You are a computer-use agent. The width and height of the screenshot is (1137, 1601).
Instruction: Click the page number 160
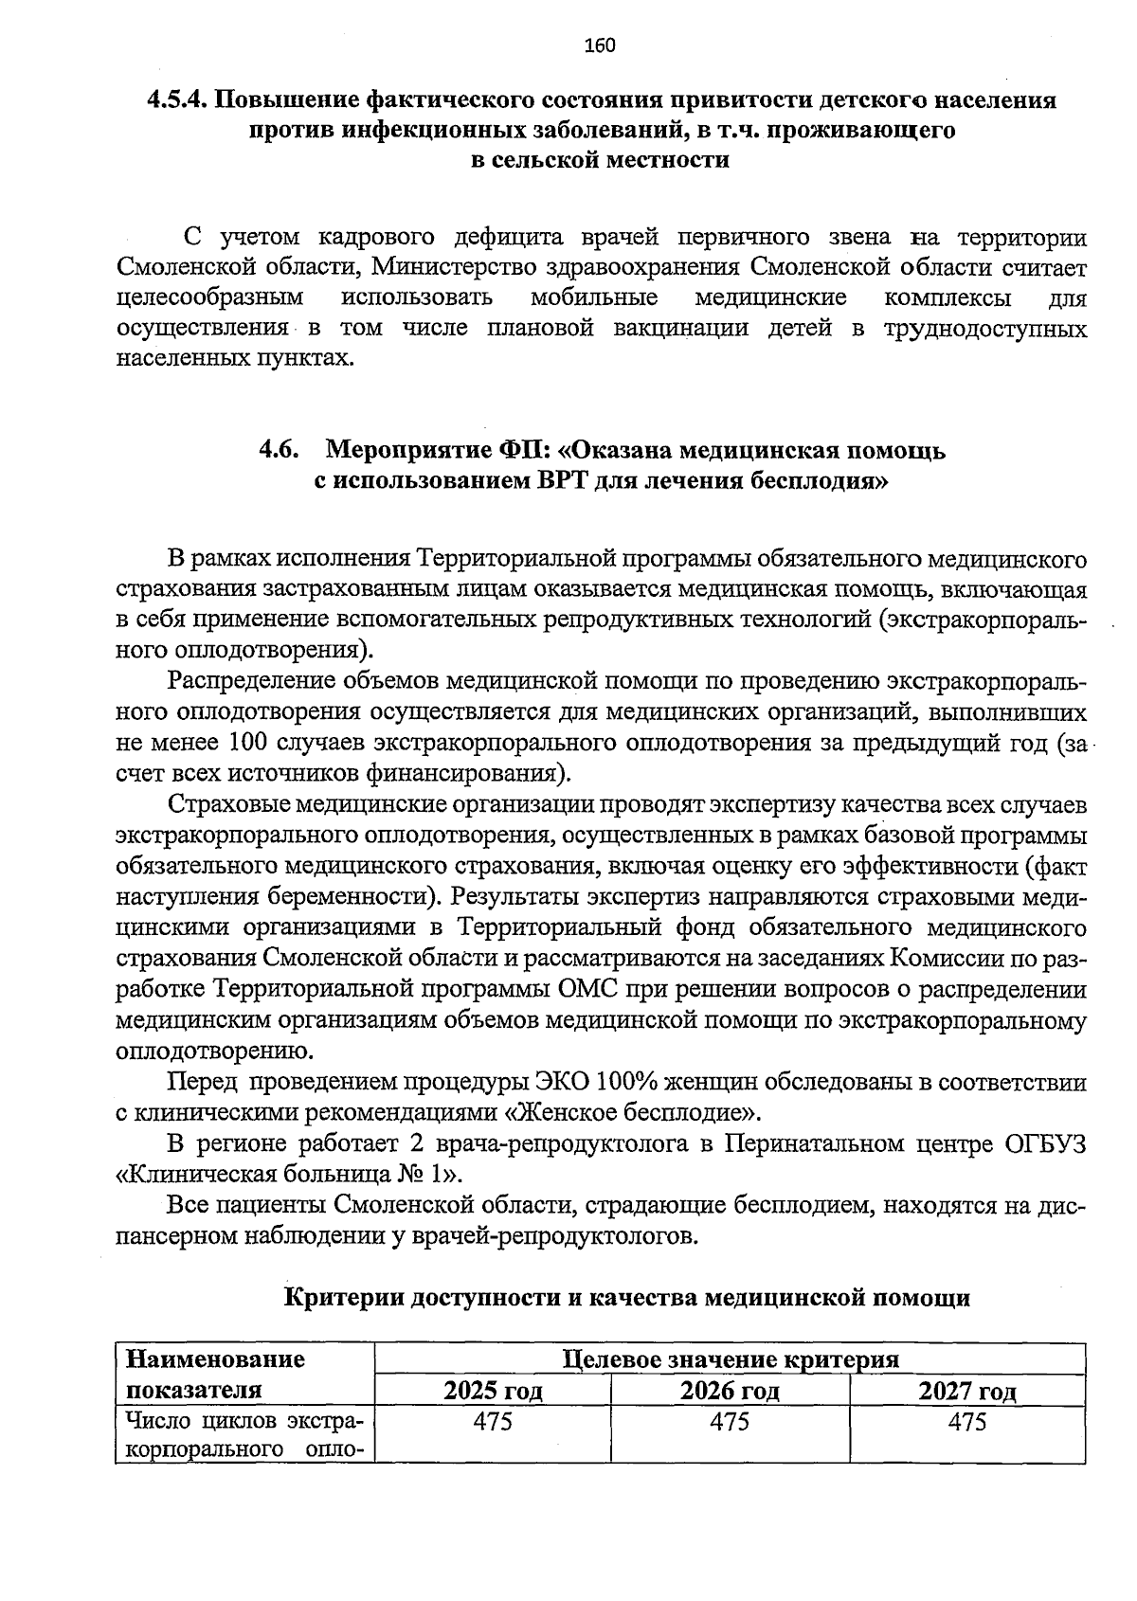pyautogui.click(x=600, y=45)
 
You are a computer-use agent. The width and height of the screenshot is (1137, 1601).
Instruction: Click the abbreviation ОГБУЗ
pyautogui.click(x=1047, y=1143)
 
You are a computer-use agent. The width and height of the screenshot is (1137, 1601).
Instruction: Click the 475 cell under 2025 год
pyautogui.click(x=493, y=1422)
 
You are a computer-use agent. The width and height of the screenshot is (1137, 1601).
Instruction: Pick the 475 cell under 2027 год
pyautogui.click(x=967, y=1422)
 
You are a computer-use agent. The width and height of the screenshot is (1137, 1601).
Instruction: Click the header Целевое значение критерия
pyautogui.click(x=730, y=1360)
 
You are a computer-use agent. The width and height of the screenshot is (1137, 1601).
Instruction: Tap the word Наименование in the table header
pyautogui.click(x=215, y=1359)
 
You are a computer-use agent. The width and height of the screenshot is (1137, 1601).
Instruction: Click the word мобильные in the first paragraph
pyautogui.click(x=594, y=297)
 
